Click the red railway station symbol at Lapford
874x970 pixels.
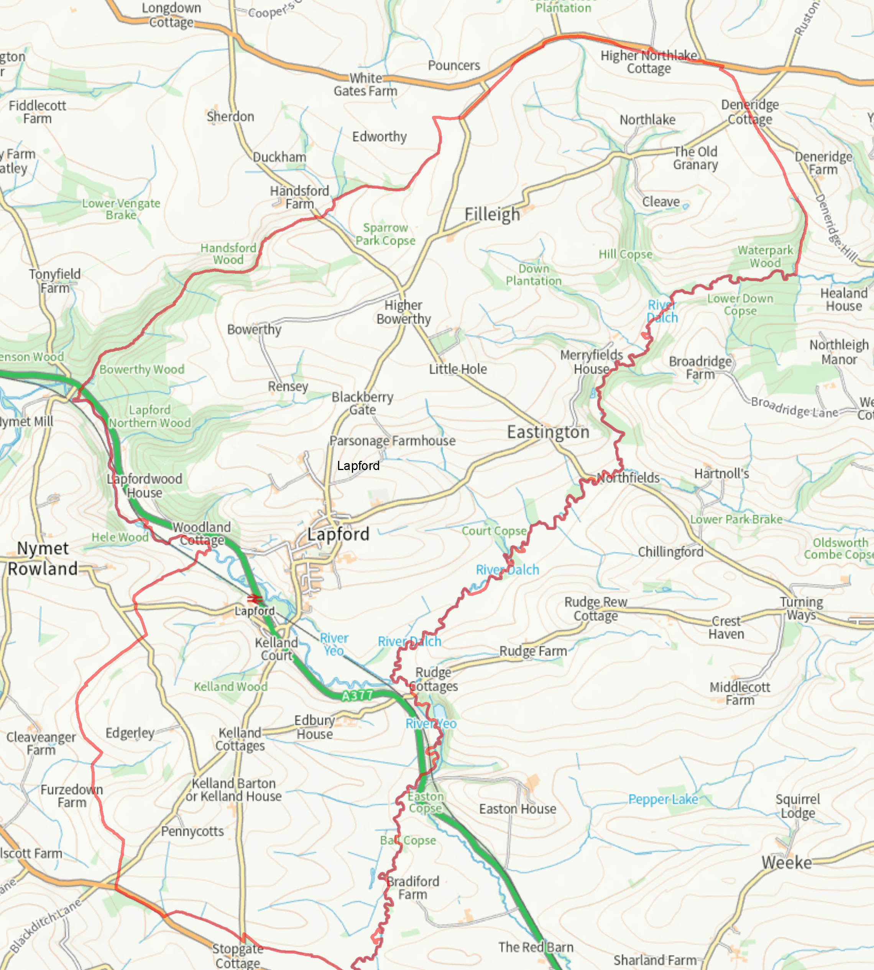[255, 599]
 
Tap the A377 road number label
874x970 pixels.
[357, 695]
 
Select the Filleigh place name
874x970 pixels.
[492, 214]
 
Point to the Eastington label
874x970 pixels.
[548, 432]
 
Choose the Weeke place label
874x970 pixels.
[787, 862]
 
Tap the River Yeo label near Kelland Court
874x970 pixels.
[334, 644]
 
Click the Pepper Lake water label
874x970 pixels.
[663, 799]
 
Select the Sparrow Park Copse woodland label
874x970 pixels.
[385, 234]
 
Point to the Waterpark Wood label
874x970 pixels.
[765, 256]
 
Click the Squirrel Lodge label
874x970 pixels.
[798, 806]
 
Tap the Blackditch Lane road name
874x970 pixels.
[46, 926]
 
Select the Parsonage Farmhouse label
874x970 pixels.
[392, 441]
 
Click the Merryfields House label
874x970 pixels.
[591, 362]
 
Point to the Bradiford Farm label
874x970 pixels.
[412, 888]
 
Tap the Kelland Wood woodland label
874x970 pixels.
[230, 687]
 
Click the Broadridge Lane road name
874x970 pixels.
[794, 407]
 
